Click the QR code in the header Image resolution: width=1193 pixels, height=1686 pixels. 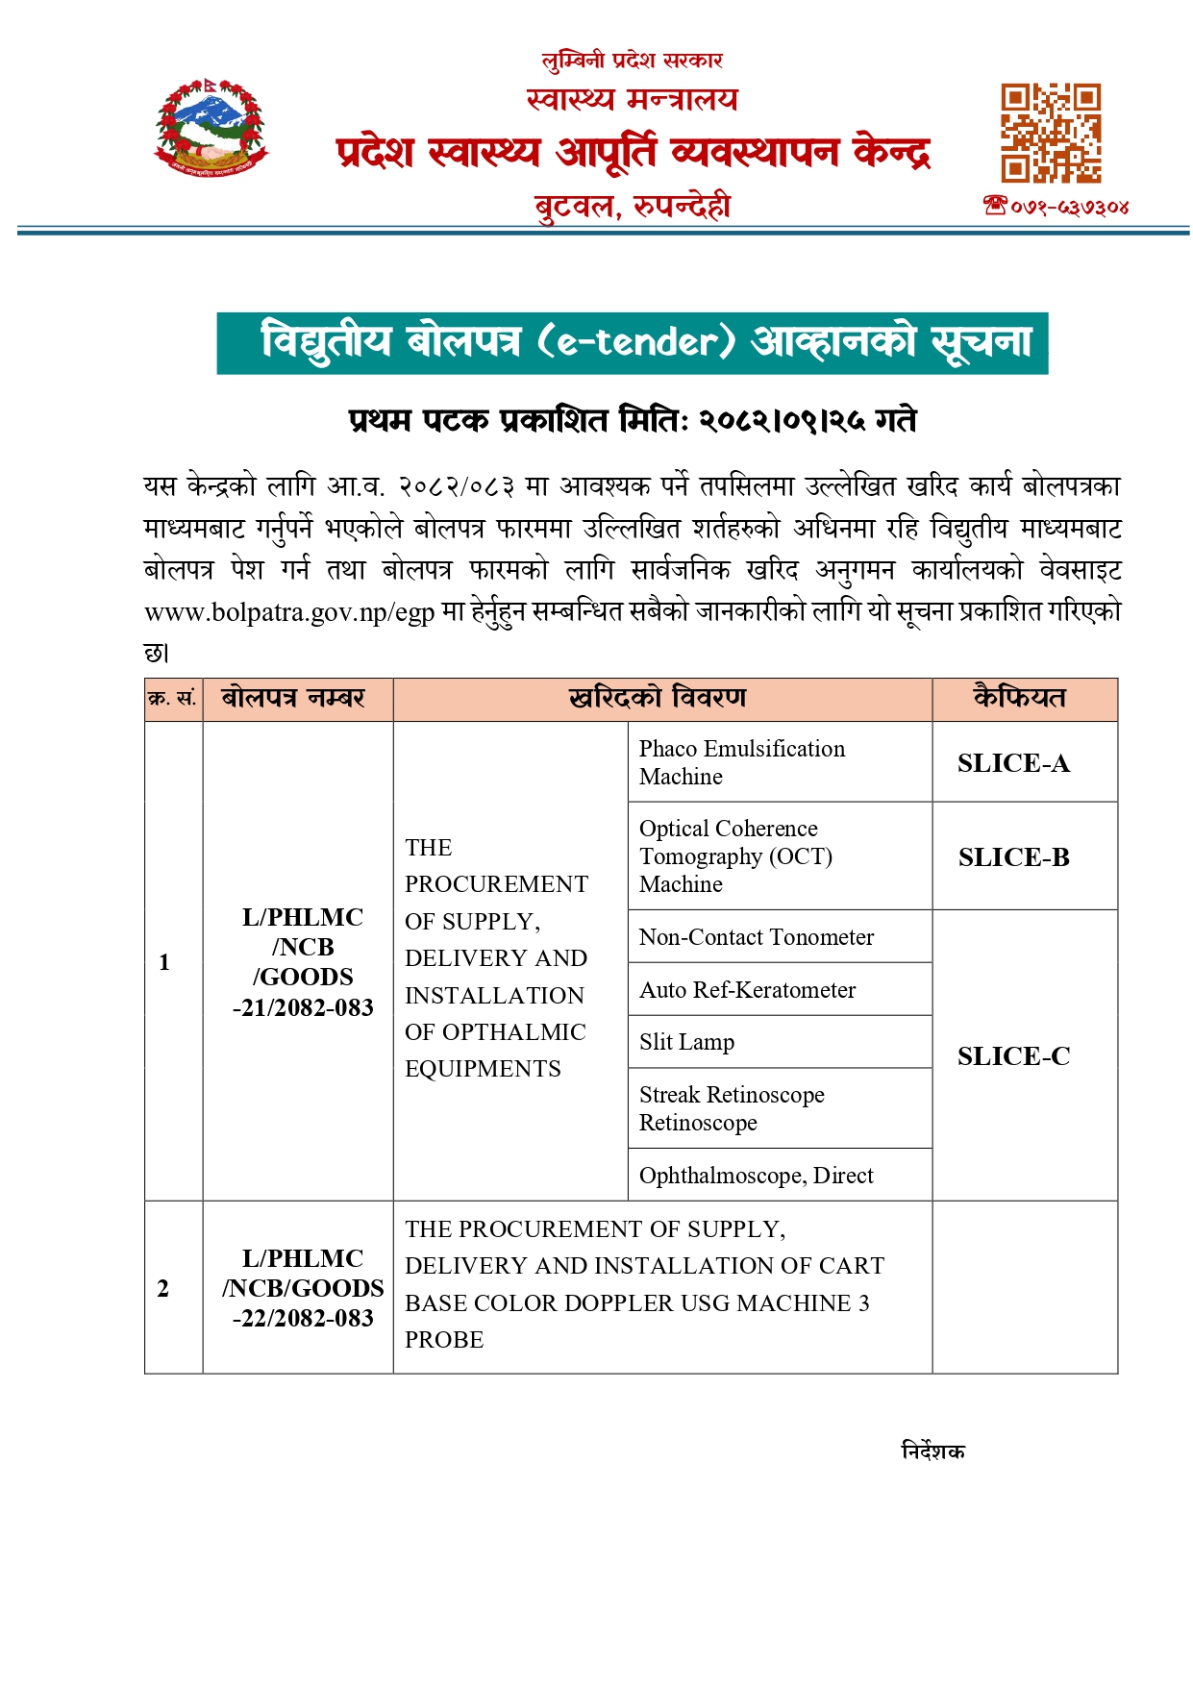pos(1051,134)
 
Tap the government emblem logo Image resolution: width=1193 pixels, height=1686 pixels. pos(211,129)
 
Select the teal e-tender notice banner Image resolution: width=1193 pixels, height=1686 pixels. pos(632,343)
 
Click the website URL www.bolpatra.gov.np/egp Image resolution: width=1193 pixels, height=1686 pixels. pos(289,612)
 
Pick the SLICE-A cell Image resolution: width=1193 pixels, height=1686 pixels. pos(1013,763)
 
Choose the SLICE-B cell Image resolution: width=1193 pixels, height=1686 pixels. pos(1013,857)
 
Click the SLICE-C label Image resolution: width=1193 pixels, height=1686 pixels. pos(1013,1056)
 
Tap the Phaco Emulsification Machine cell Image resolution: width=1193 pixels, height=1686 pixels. pos(741,762)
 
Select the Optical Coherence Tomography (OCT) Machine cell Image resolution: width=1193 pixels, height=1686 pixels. pos(735,855)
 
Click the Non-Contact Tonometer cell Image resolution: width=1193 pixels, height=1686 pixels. pos(757,937)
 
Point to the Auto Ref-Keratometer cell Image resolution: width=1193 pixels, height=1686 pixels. pos(747,990)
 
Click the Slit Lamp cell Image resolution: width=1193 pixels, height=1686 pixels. pos(686,1042)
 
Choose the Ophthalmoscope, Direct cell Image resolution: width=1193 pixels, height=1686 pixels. pos(756,1176)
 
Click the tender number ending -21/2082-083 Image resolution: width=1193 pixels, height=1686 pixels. pos(303,962)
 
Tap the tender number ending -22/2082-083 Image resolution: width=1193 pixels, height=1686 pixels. pos(303,1288)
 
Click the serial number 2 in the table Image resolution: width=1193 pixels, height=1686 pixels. pos(163,1288)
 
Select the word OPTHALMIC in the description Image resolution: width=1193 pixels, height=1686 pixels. pos(520,1032)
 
